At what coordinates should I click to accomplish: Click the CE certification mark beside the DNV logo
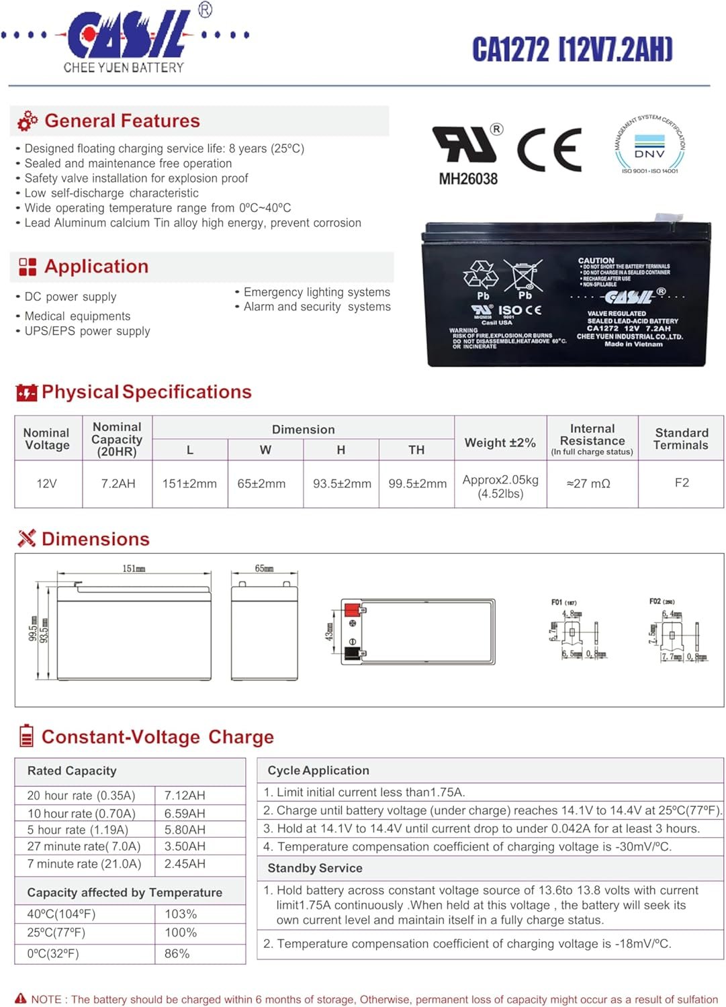click(549, 149)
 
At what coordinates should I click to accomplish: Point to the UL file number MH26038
click(468, 179)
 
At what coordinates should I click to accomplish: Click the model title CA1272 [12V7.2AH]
click(572, 49)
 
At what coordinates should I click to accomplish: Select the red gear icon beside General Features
click(28, 121)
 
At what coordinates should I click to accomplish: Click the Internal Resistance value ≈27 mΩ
click(588, 483)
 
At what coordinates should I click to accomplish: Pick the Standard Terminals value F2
click(682, 483)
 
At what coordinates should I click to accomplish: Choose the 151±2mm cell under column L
click(189, 483)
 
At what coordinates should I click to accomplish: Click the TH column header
click(416, 450)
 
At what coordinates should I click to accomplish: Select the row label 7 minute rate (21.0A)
click(84, 864)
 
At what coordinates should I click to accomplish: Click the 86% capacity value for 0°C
click(177, 953)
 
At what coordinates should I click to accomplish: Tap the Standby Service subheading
click(315, 868)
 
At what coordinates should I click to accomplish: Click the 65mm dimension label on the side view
click(264, 569)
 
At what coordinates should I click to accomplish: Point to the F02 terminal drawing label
click(662, 602)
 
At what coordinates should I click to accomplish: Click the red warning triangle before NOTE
click(21, 999)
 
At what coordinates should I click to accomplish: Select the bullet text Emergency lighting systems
click(316, 292)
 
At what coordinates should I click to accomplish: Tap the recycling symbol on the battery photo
click(481, 275)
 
